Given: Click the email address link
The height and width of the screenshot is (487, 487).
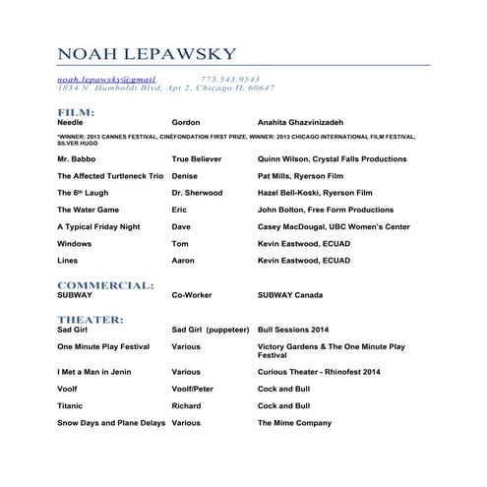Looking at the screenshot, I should (106, 78).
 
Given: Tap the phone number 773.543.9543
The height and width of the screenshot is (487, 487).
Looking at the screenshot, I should (230, 78).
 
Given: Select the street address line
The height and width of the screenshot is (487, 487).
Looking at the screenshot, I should (165, 88).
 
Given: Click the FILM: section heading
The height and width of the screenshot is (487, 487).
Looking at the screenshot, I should (76, 113).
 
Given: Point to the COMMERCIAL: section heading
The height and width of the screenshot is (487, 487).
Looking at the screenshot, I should (105, 284).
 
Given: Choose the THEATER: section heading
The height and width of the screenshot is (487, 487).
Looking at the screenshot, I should (90, 320).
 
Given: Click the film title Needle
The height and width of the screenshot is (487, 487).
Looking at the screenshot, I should (71, 123).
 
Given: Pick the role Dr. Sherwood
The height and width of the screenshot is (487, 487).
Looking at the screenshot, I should (197, 193).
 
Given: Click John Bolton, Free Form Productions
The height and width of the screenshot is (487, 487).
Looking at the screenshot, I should (325, 210).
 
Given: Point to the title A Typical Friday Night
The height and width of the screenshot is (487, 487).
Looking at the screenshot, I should (98, 226).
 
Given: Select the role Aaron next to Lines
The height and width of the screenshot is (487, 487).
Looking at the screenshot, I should (183, 261).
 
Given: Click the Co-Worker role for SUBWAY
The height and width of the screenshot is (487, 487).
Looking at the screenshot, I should (193, 295).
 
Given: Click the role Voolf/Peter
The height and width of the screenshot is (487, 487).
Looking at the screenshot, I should (192, 389).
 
